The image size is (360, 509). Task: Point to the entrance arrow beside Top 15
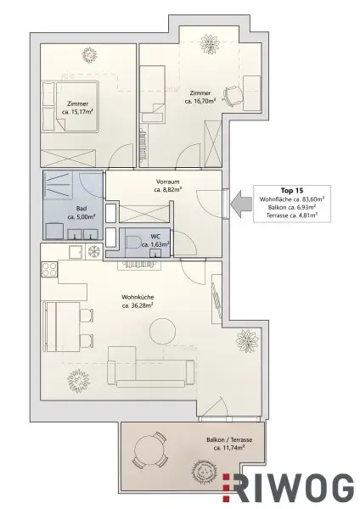[x=236, y=202]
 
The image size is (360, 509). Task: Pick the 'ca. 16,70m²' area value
[x=203, y=101]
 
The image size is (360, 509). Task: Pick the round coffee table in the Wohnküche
[x=162, y=329]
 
